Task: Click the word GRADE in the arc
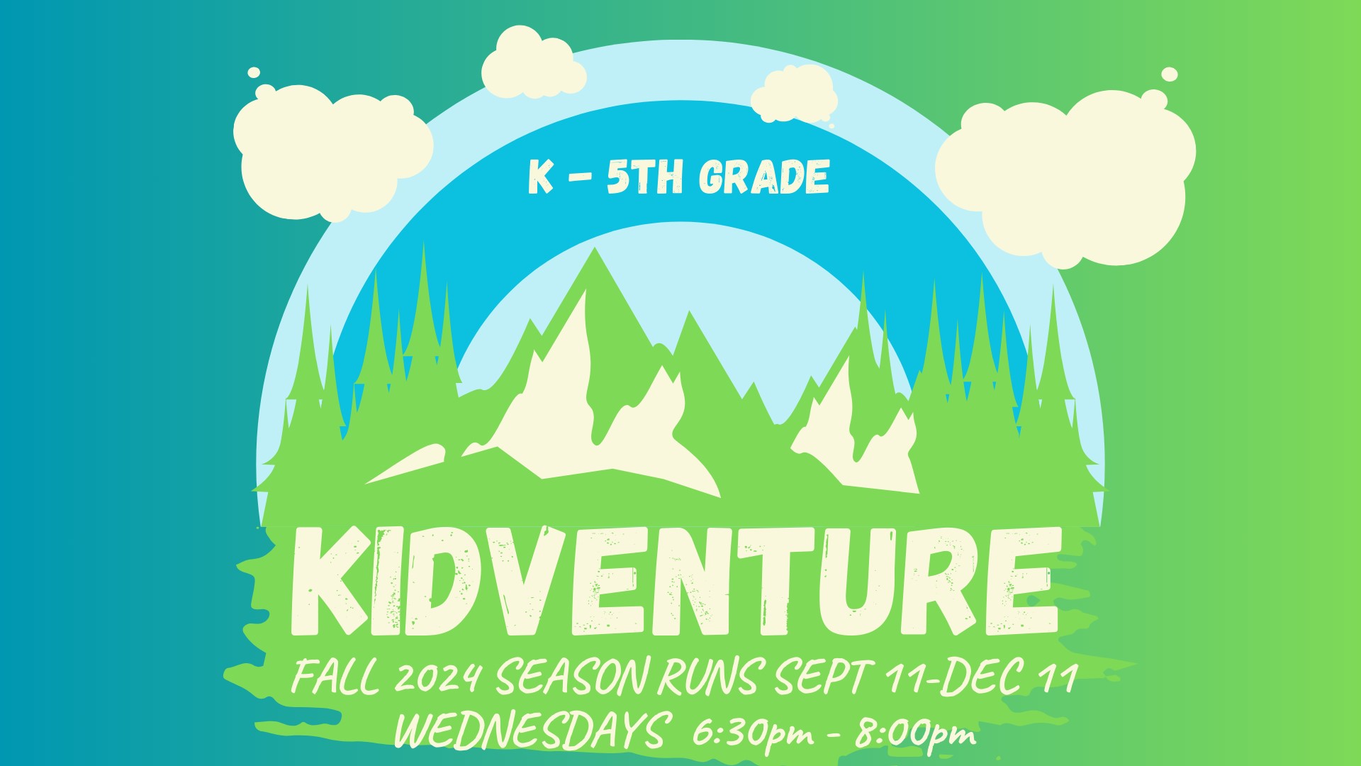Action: [x=764, y=177]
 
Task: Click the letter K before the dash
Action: [x=540, y=177]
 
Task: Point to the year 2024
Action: [x=438, y=678]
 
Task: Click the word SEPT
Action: [x=822, y=677]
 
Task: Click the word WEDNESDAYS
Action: [x=532, y=731]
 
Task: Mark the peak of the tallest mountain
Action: [x=595, y=248]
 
